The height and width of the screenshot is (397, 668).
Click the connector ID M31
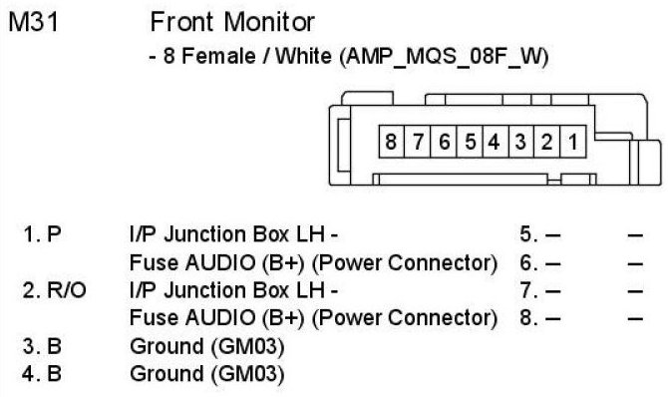point(33,22)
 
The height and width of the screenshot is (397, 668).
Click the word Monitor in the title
point(269,22)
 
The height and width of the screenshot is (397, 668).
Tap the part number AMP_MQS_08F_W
point(444,57)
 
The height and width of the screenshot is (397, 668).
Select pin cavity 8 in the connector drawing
point(391,142)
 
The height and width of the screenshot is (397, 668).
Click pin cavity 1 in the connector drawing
point(573,142)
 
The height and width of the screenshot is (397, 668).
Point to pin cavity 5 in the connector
point(470,142)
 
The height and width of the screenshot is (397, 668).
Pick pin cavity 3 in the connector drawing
point(521,142)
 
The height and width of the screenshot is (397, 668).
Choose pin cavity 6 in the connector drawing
point(444,142)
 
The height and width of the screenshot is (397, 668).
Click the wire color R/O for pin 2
point(67,291)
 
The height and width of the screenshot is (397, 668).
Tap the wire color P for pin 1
point(54,234)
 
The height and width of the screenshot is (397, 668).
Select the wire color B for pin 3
point(54,346)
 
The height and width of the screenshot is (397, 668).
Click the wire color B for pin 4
point(54,373)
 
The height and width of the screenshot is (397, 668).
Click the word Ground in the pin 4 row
point(167,373)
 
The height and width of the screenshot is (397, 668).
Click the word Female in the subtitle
point(218,57)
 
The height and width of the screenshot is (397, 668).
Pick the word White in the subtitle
point(303,57)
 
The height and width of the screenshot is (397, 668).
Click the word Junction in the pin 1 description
point(205,234)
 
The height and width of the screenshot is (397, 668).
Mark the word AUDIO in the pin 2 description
point(220,318)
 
